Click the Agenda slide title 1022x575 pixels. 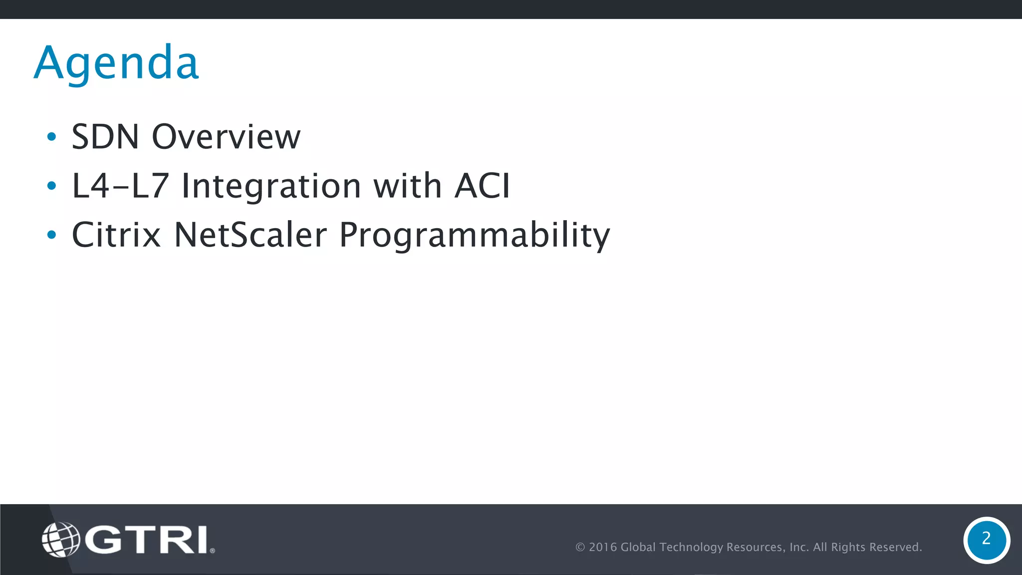pos(117,63)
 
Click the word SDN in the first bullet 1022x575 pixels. pos(105,137)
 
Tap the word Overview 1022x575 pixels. pos(226,137)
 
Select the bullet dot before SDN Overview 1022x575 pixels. pos(51,137)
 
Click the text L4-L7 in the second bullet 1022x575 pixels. pos(120,186)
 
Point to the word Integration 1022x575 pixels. pos(271,186)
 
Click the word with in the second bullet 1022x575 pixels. pos(407,186)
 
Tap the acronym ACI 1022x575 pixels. pos(482,186)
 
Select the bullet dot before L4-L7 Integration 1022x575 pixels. pos(51,186)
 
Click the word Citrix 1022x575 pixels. pos(116,235)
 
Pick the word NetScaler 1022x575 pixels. pos(250,235)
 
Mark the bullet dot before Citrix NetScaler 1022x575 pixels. pos(51,235)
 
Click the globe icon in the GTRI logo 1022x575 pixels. pos(61,539)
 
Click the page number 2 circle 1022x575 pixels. pos(986,540)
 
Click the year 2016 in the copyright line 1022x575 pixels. pos(603,547)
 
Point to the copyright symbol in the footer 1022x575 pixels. pos(580,547)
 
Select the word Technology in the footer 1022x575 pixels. pos(691,547)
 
